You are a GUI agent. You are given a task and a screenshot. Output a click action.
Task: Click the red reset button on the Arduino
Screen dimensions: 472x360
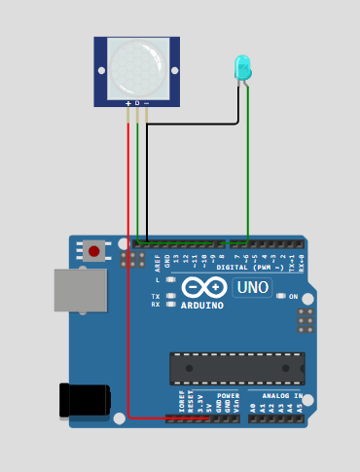(93, 251)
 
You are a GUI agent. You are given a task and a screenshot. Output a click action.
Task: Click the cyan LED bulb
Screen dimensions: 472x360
(242, 67)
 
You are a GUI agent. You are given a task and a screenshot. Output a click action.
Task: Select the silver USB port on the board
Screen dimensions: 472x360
(80, 290)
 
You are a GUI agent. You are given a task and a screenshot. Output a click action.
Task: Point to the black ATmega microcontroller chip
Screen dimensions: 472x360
(236, 368)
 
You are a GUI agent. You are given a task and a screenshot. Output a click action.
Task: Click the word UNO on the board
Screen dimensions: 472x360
(253, 288)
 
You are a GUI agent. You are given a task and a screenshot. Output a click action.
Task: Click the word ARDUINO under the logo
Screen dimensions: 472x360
(202, 306)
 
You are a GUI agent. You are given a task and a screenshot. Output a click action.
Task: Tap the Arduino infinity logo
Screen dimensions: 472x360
(203, 287)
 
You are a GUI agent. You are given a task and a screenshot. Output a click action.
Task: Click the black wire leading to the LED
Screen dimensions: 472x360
(195, 124)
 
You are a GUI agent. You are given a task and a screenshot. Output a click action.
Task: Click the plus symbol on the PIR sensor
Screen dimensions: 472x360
(127, 102)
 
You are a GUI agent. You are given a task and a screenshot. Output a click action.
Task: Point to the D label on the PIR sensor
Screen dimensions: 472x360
(137, 102)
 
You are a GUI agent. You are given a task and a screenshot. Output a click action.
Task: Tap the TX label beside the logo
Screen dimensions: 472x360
(156, 296)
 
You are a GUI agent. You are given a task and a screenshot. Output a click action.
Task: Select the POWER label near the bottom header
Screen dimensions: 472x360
(229, 396)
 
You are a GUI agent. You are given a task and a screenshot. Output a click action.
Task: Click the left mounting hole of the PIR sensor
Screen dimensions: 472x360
(101, 69)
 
